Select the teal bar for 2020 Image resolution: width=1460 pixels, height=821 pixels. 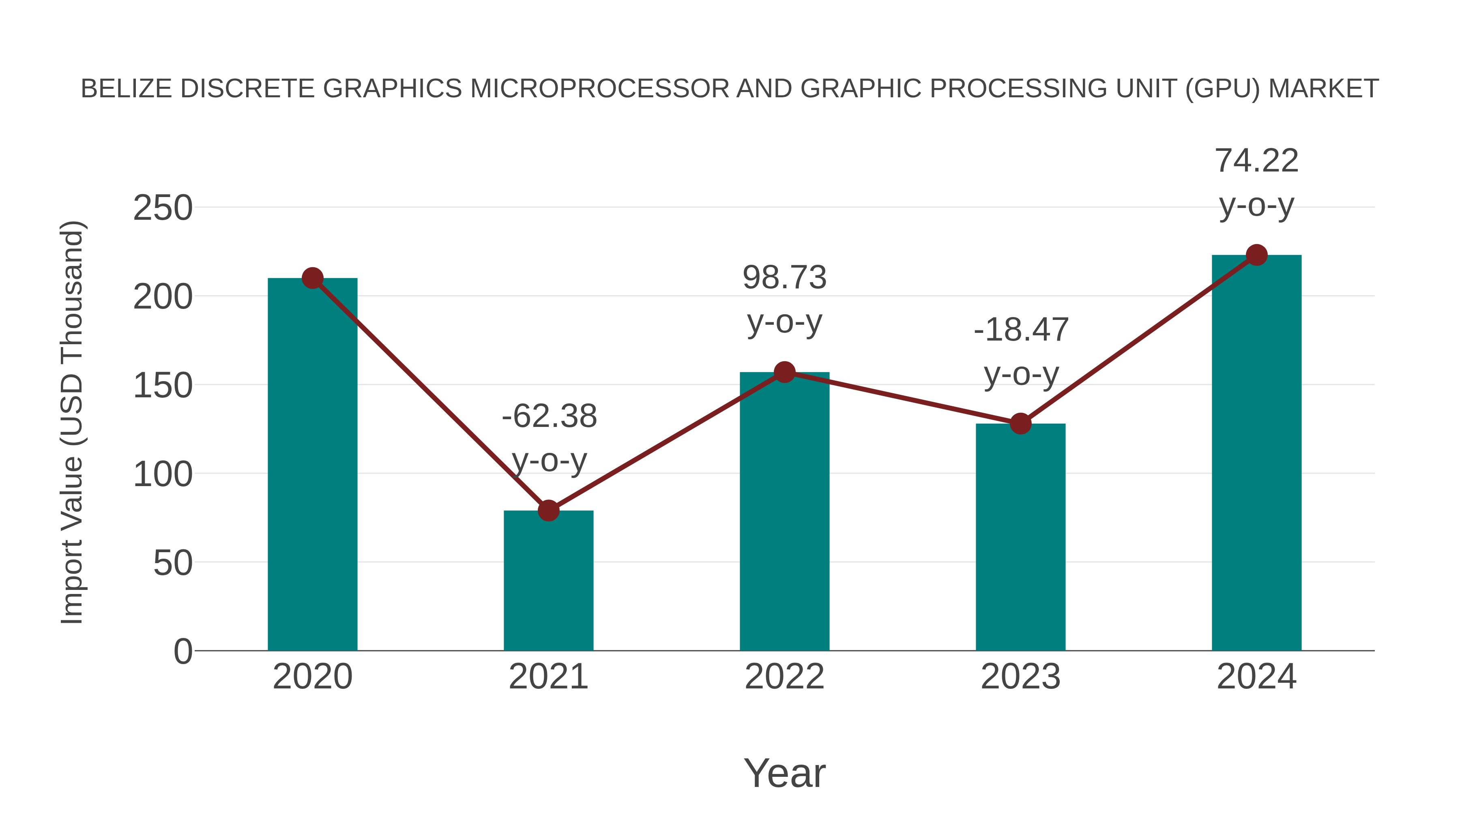pos(312,465)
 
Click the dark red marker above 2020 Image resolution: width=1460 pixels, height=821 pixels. pos(312,278)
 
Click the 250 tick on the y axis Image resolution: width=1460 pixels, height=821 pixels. pos(163,208)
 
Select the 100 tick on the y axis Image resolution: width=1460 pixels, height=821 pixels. pos(163,474)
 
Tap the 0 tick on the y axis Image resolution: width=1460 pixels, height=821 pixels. pos(182,651)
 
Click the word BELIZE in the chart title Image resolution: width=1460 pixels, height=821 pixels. pos(127,89)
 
